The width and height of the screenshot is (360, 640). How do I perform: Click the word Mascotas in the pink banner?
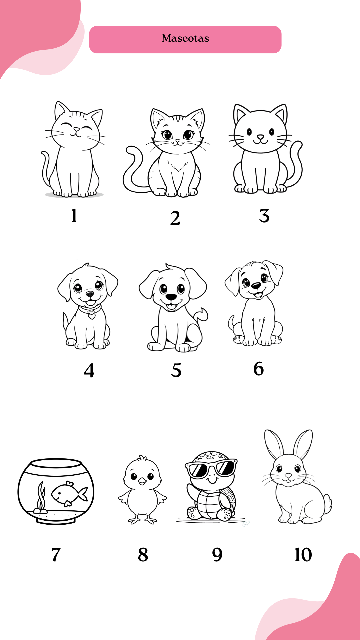[185, 38]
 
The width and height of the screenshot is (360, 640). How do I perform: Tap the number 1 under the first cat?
[74, 215]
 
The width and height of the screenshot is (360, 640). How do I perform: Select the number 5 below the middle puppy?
[176, 370]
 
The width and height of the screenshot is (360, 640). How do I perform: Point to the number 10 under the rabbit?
[303, 555]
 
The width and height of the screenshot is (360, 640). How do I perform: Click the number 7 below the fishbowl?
[56, 555]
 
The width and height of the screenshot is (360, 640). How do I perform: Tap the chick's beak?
[142, 481]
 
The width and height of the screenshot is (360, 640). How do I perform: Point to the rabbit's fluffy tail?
[328, 504]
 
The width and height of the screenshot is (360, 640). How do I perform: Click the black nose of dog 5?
[171, 297]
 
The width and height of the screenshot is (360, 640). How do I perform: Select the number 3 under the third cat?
[264, 216]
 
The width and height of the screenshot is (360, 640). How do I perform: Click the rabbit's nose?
[288, 476]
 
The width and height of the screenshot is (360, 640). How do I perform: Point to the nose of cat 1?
[77, 129]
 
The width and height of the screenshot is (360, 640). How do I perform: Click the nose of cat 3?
[260, 137]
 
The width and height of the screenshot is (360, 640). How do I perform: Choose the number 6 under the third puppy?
[259, 369]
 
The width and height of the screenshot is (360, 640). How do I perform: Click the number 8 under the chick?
[143, 555]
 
